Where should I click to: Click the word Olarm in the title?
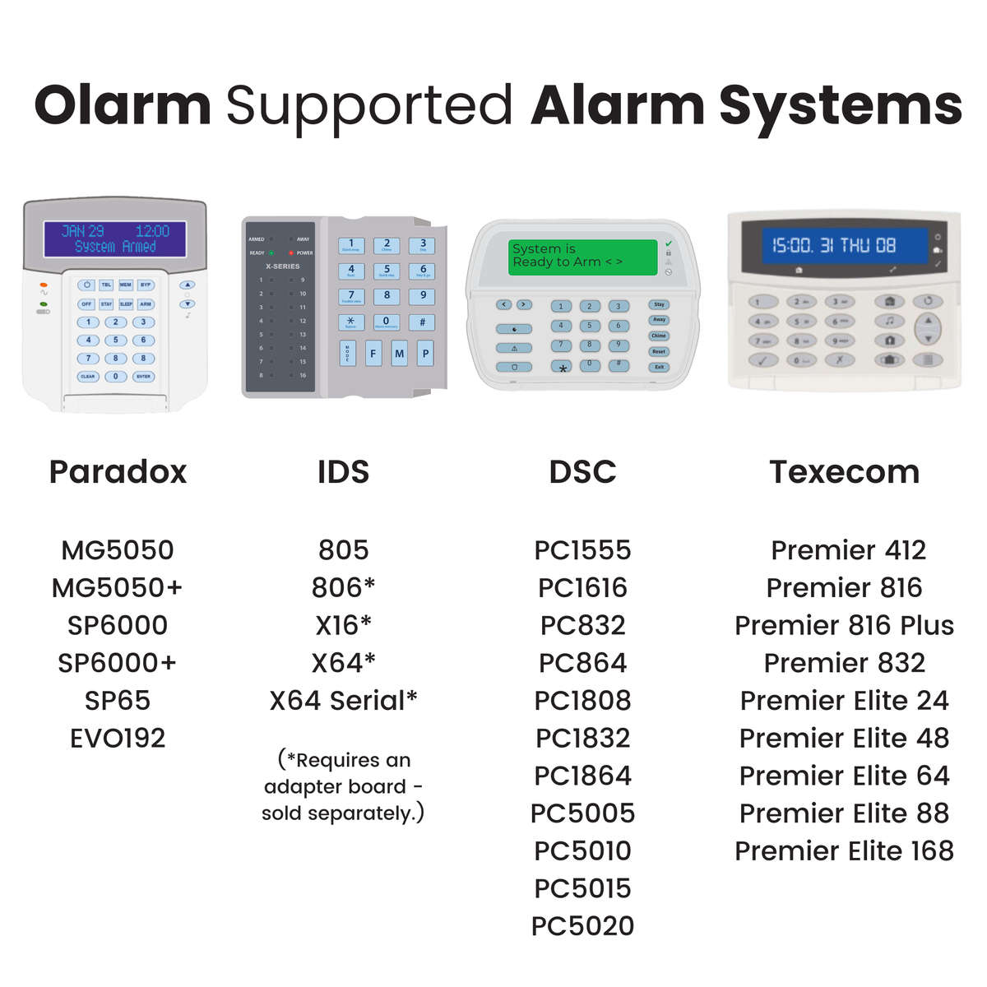point(123,106)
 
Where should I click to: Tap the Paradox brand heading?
point(118,472)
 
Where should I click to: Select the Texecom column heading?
point(844,472)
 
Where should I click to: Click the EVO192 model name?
point(118,738)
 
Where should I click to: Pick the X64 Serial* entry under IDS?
point(343,701)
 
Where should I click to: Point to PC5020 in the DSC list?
point(582,926)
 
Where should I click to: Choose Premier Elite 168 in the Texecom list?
point(844,850)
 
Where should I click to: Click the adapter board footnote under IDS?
point(343,786)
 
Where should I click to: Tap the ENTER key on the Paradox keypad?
point(144,376)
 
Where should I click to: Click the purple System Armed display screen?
point(115,239)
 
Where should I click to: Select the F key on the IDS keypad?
point(373,354)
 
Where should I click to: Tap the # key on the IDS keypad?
point(422,322)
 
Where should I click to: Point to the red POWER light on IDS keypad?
point(291,253)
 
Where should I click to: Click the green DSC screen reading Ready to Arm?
point(584,256)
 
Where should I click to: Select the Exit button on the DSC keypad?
point(659,367)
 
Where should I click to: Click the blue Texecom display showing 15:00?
point(834,245)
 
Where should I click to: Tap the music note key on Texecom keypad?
point(889,321)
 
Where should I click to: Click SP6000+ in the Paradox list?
point(118,663)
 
